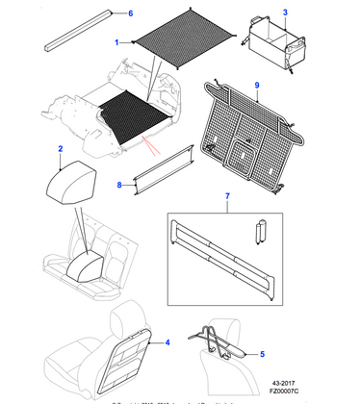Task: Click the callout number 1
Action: pyautogui.click(x=117, y=43)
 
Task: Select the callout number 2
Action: pyautogui.click(x=61, y=149)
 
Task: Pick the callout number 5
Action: pyautogui.click(x=259, y=355)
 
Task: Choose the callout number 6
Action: pyautogui.click(x=131, y=13)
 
